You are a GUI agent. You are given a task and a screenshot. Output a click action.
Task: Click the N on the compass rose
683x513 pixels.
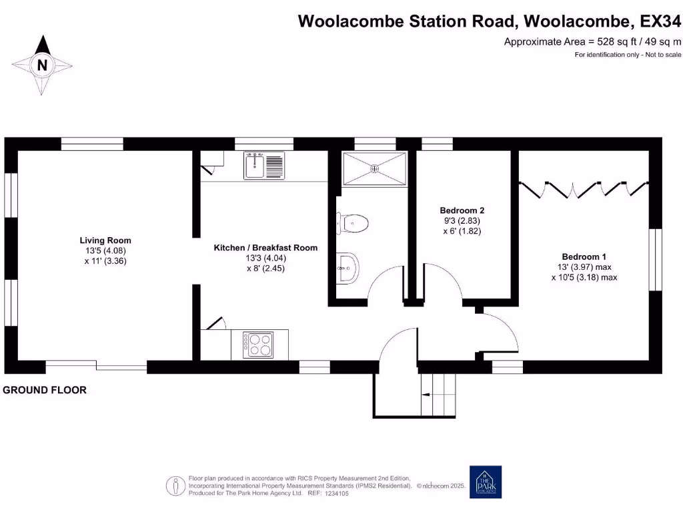43,65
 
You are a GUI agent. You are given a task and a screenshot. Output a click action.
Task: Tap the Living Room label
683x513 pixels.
105,240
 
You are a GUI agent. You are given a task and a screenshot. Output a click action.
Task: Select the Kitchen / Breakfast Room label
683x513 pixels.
265,248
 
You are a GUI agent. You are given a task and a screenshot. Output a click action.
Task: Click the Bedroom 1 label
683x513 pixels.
584,256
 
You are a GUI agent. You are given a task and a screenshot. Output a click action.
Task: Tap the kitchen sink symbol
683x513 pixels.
264,165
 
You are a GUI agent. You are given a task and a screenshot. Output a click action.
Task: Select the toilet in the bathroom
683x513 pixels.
353,222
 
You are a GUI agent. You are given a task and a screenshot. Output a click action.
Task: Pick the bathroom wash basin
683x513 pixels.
347,269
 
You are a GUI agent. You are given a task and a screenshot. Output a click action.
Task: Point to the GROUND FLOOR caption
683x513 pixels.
45,390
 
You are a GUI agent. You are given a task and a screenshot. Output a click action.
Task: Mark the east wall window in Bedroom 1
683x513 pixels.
656,260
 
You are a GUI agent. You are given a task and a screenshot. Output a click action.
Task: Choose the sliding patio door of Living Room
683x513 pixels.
96,366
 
